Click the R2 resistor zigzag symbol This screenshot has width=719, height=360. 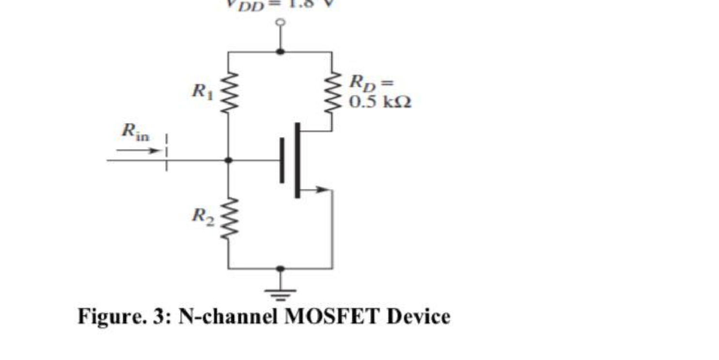(x=229, y=218)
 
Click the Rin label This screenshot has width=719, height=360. (x=135, y=132)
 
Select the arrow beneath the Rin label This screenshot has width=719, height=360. (x=138, y=151)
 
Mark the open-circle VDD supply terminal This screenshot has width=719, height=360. (x=280, y=22)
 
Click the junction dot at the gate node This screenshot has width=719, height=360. (x=229, y=160)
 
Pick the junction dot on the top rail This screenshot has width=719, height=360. (x=280, y=51)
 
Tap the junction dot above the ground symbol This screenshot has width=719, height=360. (x=280, y=268)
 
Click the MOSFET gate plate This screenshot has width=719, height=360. (x=282, y=160)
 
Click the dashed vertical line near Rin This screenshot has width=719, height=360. (x=166, y=152)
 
